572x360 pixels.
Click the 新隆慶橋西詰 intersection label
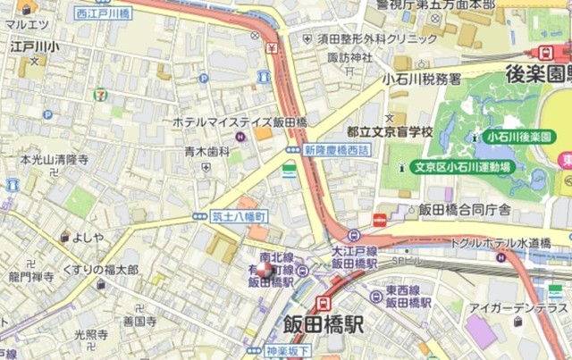(x=336, y=149)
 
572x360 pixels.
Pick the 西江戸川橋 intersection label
(x=103, y=13)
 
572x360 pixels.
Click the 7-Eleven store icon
(x=105, y=91)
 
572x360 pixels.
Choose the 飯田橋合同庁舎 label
(x=465, y=210)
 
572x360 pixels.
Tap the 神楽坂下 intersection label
(x=287, y=350)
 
